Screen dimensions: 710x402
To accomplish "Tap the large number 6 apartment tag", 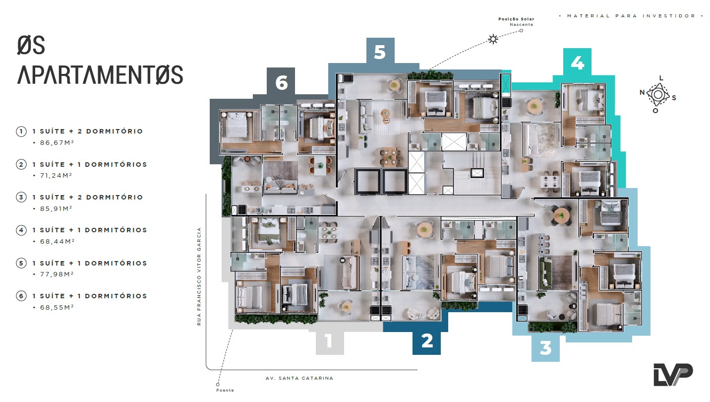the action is click(x=281, y=82).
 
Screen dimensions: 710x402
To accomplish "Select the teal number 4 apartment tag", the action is click(x=577, y=62).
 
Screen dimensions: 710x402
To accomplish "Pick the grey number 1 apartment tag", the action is click(x=330, y=341).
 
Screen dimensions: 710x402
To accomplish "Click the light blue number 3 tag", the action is click(x=545, y=348).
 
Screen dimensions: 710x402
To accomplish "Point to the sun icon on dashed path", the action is click(x=493, y=39).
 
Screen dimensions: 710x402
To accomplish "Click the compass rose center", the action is click(x=658, y=95).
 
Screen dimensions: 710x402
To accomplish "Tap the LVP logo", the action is click(x=673, y=375).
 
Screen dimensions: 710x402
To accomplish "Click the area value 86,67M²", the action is click(x=57, y=143).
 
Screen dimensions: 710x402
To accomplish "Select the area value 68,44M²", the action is click(x=58, y=242).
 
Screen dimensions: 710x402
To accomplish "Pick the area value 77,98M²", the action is click(x=57, y=274).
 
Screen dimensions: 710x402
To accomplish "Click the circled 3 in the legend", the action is click(x=21, y=198).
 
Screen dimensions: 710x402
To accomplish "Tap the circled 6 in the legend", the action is click(x=21, y=296).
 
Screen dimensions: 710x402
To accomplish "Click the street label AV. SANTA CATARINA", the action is click(x=299, y=378).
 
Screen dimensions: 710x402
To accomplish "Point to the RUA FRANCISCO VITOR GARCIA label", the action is click(x=199, y=276).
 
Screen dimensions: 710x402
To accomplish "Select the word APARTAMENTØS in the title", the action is click(x=100, y=75).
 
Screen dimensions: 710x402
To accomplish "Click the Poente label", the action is click(x=225, y=390).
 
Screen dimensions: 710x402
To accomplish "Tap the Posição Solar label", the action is click(x=516, y=19).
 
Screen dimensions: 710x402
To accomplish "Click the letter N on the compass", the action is click(x=642, y=92).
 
